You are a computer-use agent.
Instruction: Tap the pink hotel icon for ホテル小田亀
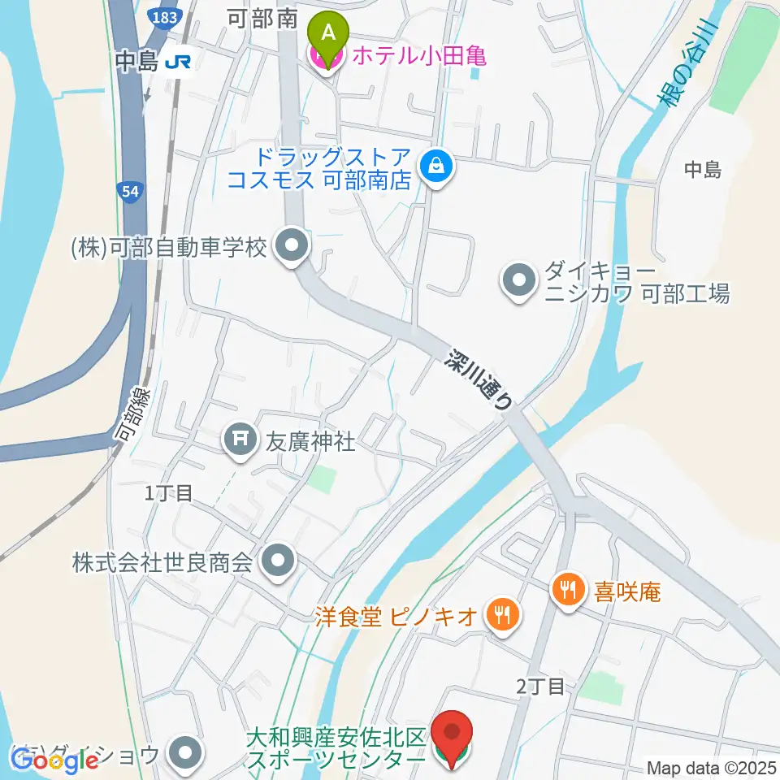(x=313, y=56)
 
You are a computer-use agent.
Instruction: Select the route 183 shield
(x=166, y=15)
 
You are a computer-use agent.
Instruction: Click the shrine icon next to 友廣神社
(x=240, y=441)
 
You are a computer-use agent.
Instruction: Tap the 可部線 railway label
(x=133, y=414)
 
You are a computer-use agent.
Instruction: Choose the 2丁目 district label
(x=540, y=686)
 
